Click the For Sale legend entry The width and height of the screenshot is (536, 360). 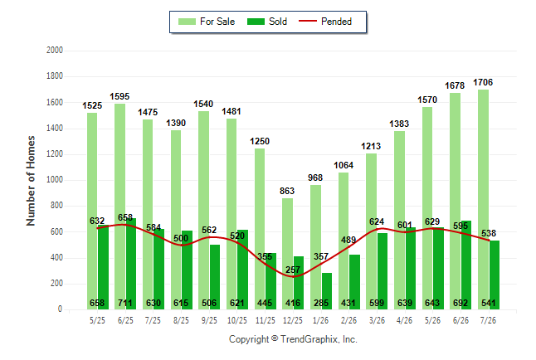207,22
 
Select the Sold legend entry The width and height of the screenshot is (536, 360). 267,22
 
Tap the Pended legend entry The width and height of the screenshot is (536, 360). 325,22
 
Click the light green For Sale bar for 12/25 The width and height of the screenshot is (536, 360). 287,254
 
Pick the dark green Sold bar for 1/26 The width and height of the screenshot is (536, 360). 326,291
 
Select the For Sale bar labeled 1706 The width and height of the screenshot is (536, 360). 484,199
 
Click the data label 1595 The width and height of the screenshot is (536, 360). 119,97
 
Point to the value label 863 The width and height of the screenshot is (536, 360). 287,191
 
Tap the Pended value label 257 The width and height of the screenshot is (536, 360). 293,270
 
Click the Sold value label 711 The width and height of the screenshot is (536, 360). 125,303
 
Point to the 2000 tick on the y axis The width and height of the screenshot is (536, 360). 55,51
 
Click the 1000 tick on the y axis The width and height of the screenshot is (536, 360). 55,179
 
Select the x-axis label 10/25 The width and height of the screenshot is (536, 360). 237,320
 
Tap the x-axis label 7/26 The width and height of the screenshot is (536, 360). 488,320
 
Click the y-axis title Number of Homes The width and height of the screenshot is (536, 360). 31,181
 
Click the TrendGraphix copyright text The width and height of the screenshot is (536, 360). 293,339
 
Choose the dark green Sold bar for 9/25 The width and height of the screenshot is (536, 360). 215,277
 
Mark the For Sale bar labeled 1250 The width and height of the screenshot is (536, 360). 260,229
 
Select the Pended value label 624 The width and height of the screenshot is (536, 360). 377,221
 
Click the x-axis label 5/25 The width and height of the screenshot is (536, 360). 97,320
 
